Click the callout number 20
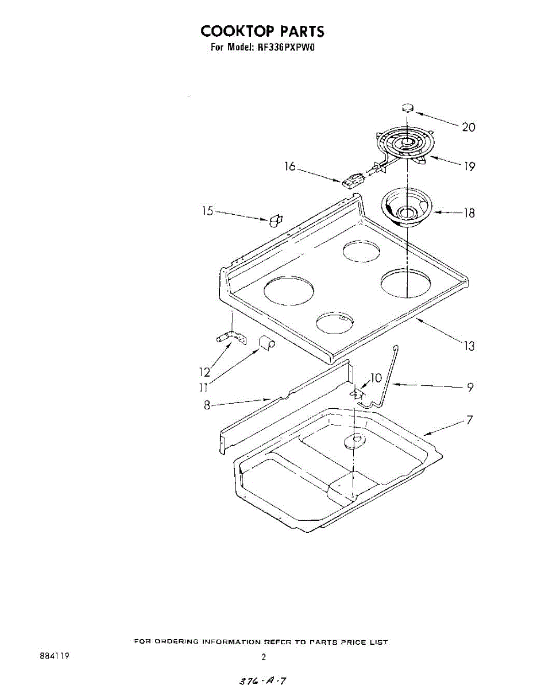click(x=469, y=127)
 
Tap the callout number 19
click(x=469, y=166)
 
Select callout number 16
click(x=290, y=166)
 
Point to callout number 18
click(x=469, y=213)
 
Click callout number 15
click(x=208, y=211)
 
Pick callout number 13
click(x=469, y=346)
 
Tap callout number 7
click(x=470, y=420)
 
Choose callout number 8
click(x=207, y=405)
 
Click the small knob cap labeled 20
click(x=407, y=108)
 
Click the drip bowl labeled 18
click(x=407, y=210)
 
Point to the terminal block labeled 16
click(x=352, y=181)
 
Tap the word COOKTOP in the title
click(x=237, y=31)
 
